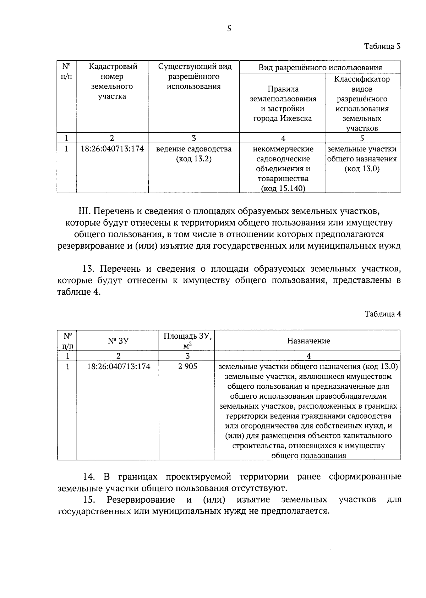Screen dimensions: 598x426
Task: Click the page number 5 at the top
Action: point(229,29)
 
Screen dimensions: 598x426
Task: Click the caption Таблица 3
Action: point(383,46)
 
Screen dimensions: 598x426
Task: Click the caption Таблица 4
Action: point(383,314)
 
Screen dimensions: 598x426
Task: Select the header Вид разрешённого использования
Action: point(320,68)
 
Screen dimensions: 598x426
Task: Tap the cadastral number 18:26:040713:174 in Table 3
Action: point(112,149)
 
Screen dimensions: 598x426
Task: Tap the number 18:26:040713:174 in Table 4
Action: point(119,366)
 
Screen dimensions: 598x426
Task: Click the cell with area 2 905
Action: point(187,366)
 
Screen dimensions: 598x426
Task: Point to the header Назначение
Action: point(308,341)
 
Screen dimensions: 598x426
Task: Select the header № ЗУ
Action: point(118,341)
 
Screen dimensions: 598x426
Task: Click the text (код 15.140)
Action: point(283,189)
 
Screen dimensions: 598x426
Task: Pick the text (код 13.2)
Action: point(194,159)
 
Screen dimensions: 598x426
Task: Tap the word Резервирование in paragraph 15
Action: point(141,500)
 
